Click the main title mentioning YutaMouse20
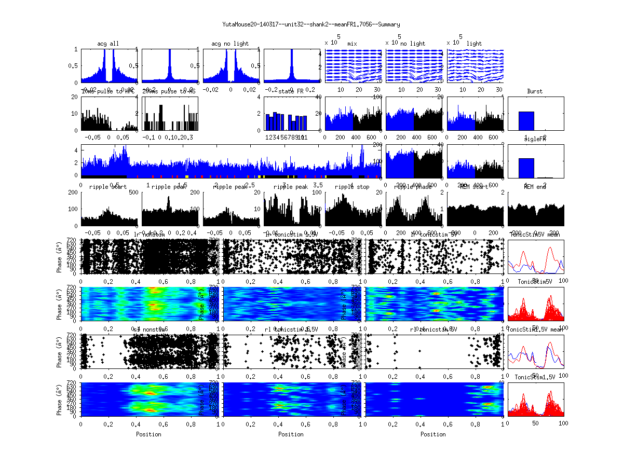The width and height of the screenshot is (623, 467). (x=311, y=24)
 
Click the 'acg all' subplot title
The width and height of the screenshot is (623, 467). (x=108, y=44)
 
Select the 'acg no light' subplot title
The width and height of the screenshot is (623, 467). (x=230, y=44)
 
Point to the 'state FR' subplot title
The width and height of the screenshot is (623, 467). (x=291, y=91)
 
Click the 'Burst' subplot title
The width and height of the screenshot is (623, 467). (x=535, y=91)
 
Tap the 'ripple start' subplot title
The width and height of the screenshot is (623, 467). (x=108, y=186)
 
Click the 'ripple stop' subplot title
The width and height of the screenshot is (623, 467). (x=353, y=186)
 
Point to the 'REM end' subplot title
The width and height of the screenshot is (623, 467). (x=535, y=186)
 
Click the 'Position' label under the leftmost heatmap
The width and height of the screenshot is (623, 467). (x=148, y=434)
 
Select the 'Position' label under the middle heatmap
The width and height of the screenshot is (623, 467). (x=291, y=434)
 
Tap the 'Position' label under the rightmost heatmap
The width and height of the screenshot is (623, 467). (x=434, y=434)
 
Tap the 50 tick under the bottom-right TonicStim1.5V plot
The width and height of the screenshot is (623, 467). (x=536, y=423)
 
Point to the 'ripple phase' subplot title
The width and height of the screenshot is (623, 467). (x=414, y=186)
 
